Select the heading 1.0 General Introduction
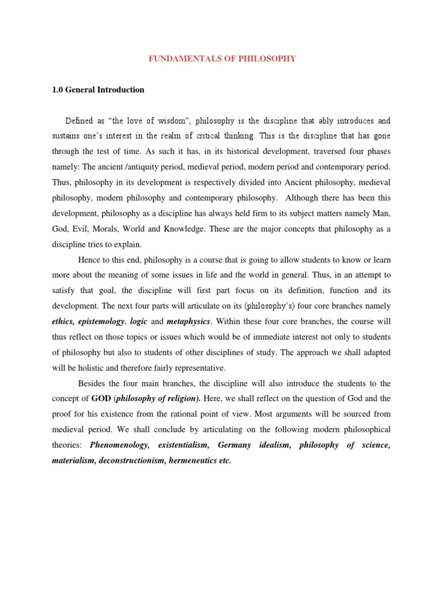(98, 90)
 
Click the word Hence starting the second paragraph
(89, 259)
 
